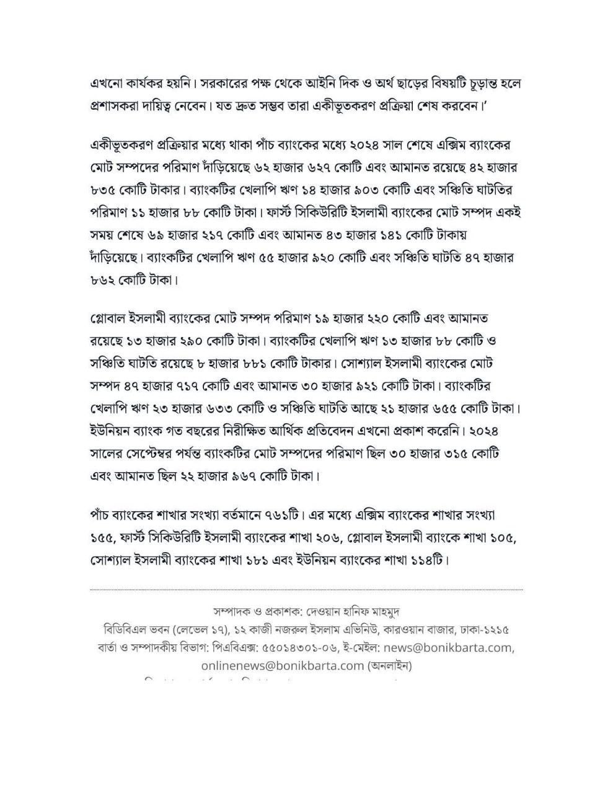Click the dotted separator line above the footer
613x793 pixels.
(306, 590)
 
